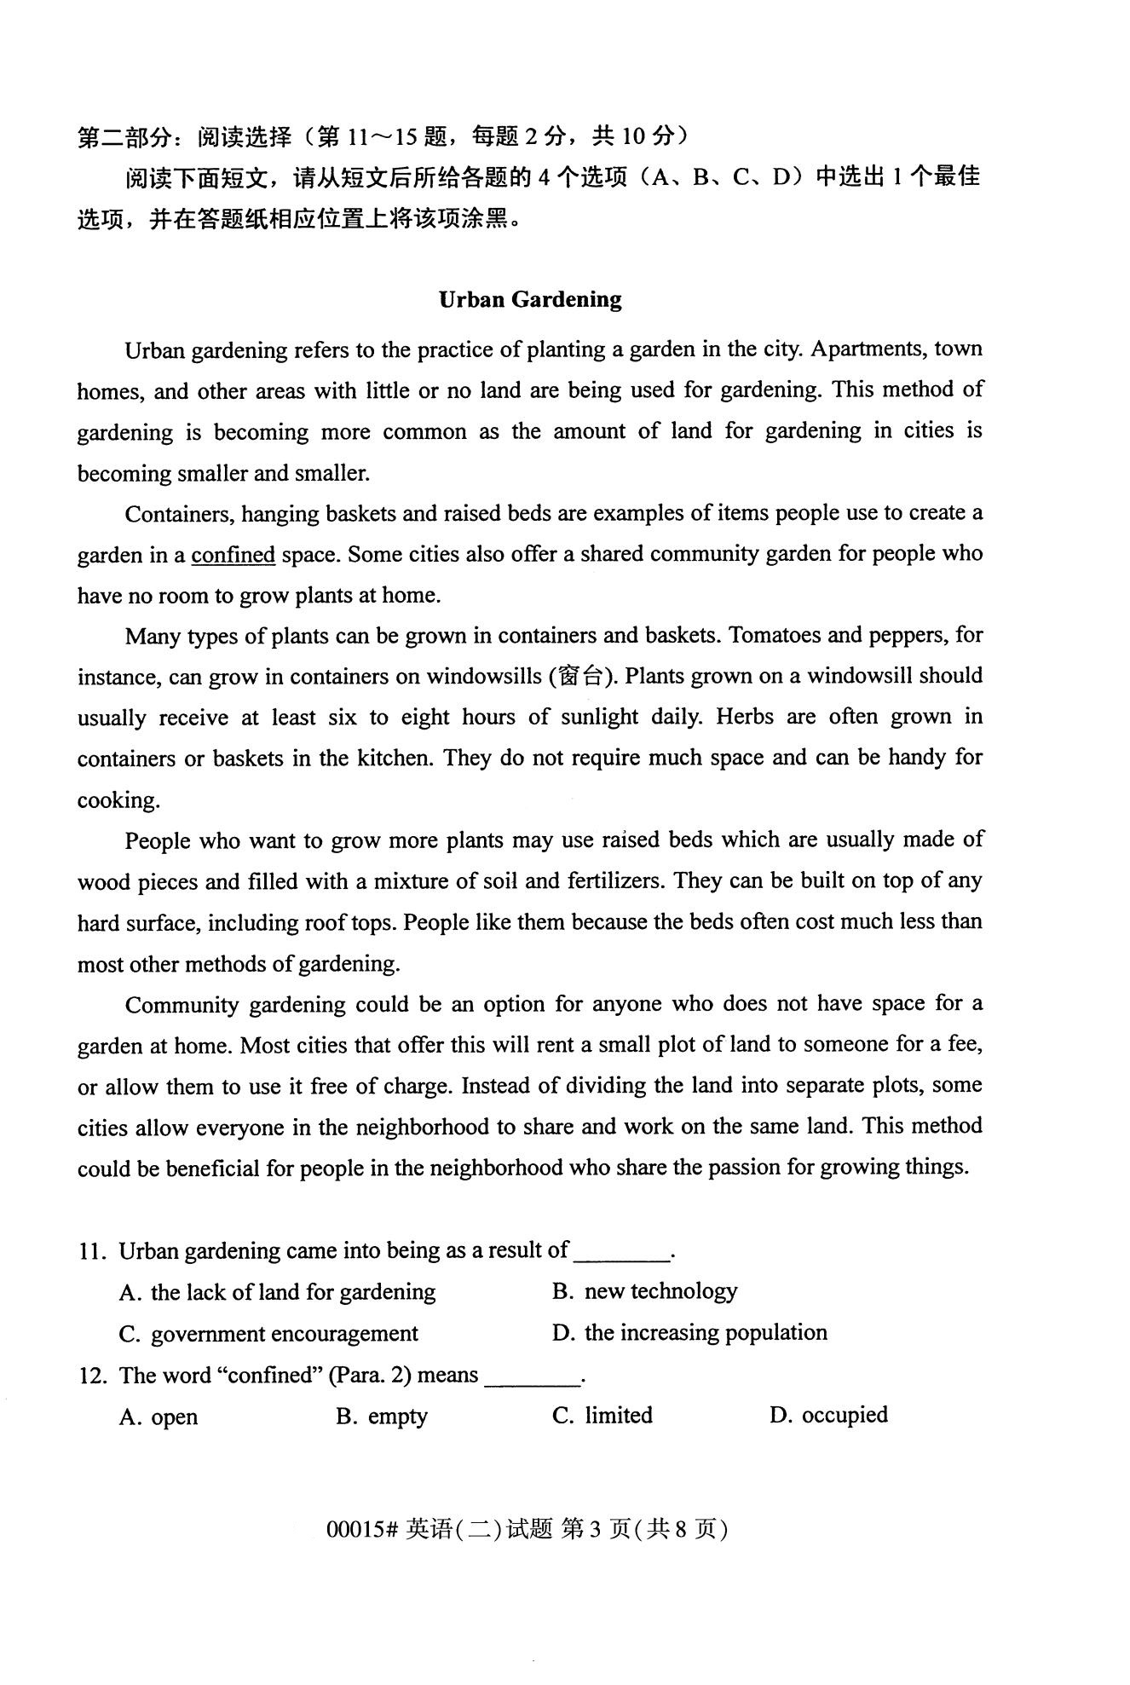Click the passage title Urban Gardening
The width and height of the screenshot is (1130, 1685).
(530, 299)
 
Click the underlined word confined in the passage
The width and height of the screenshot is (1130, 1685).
(233, 555)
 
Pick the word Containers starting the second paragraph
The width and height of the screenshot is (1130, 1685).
(179, 514)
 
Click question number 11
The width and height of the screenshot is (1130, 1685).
(91, 1251)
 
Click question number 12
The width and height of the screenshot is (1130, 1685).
(91, 1376)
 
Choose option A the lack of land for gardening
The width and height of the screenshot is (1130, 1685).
(278, 1293)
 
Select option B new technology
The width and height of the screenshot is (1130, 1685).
(644, 1291)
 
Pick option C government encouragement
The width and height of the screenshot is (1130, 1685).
(269, 1334)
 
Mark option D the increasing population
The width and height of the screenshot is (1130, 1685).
(689, 1332)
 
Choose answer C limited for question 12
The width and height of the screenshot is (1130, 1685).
(602, 1416)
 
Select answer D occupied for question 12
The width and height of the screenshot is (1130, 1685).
(828, 1416)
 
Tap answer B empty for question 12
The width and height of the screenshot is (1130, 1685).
(382, 1417)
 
